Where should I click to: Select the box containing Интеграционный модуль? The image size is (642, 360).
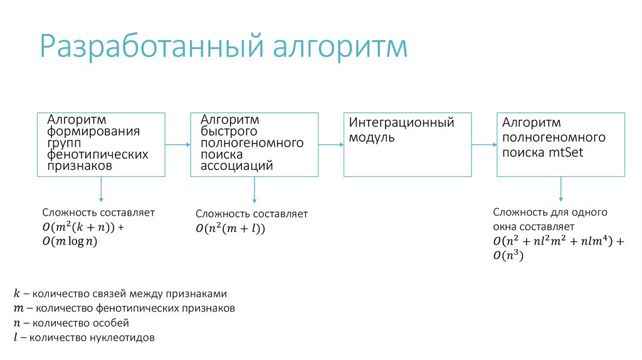click(x=407, y=144)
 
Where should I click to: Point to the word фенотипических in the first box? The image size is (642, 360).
click(x=98, y=154)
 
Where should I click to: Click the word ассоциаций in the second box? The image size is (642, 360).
click(x=236, y=166)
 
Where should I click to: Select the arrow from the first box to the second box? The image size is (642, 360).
click(x=177, y=145)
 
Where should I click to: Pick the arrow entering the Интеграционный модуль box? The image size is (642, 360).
click(x=330, y=145)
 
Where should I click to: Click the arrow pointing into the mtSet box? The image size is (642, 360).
click(x=484, y=145)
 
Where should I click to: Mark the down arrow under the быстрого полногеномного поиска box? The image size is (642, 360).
click(x=254, y=189)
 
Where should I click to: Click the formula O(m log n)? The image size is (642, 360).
click(x=70, y=241)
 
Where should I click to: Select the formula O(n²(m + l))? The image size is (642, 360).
click(x=231, y=229)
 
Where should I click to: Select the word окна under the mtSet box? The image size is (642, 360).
click(x=505, y=226)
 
